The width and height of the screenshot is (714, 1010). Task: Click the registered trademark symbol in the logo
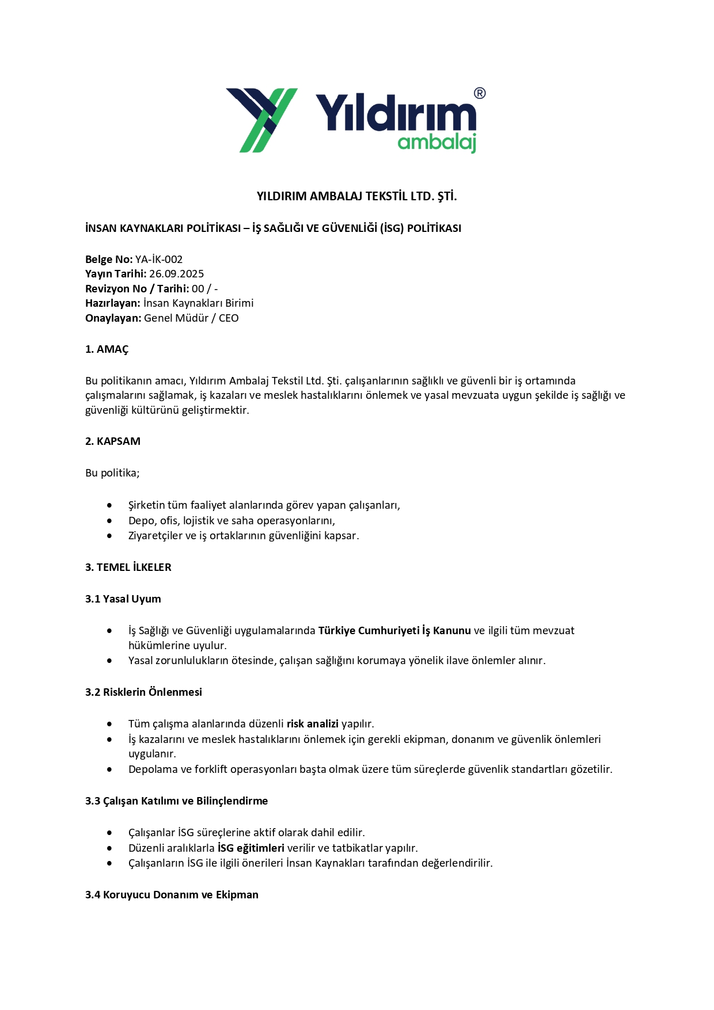479,93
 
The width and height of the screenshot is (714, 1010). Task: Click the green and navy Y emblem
262,120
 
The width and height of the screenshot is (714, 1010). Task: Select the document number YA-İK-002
159,260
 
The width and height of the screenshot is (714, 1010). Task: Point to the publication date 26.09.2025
176,274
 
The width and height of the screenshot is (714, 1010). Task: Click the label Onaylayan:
113,318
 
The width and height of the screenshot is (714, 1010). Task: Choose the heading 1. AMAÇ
107,349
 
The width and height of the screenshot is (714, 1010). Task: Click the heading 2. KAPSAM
113,441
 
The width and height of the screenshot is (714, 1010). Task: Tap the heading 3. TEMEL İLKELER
128,567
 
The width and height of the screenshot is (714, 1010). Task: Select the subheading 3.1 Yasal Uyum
123,599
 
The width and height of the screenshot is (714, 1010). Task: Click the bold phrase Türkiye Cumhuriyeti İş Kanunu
394,631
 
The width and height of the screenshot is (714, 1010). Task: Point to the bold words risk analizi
313,724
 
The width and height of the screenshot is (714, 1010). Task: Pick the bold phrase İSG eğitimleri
251,848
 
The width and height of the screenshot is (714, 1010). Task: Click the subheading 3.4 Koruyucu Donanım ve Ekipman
172,895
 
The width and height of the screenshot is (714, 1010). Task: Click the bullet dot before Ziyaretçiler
109,536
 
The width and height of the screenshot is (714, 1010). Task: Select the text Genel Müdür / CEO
191,318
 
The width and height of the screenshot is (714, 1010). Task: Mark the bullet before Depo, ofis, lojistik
109,521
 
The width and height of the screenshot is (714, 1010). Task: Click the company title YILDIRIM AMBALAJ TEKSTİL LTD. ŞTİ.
356,196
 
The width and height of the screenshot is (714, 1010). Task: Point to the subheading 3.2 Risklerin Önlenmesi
143,692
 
